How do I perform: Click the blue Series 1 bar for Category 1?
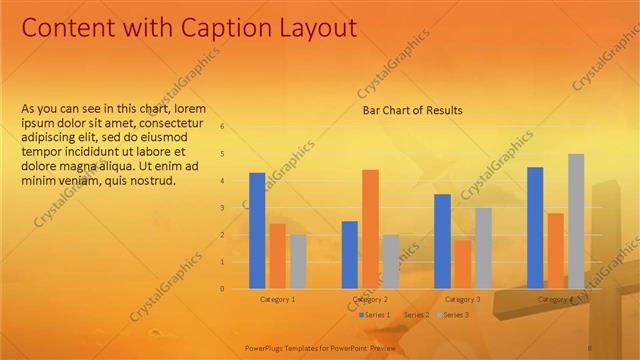(x=257, y=231)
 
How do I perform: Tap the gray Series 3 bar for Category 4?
(x=576, y=221)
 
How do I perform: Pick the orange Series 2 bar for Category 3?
(x=462, y=264)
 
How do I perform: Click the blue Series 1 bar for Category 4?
(x=535, y=228)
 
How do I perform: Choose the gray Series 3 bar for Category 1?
(x=298, y=262)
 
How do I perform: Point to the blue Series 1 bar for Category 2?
(x=350, y=255)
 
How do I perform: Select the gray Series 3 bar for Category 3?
(x=483, y=248)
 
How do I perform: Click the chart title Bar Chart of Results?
(x=412, y=110)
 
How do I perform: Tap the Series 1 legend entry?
(x=375, y=315)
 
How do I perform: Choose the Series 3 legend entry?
(x=455, y=315)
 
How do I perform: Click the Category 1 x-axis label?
(x=277, y=299)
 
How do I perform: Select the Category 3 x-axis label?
(x=462, y=299)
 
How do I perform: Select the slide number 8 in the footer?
(x=590, y=346)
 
